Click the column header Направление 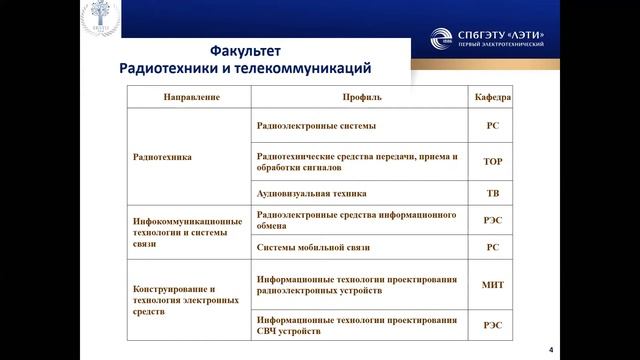pyautogui.click(x=190, y=98)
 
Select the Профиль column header pyautogui.click(x=359, y=98)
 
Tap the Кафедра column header pyautogui.click(x=492, y=98)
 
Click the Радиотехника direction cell pyautogui.click(x=162, y=157)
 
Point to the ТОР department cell pyautogui.click(x=492, y=159)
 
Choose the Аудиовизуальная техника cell pyautogui.click(x=311, y=193)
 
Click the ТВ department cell pyautogui.click(x=492, y=193)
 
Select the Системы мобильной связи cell pyautogui.click(x=313, y=246)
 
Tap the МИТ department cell pyautogui.click(x=492, y=285)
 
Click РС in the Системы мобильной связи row pyautogui.click(x=492, y=246)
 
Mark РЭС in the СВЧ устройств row pyautogui.click(x=492, y=324)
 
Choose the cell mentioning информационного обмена pyautogui.click(x=349, y=220)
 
